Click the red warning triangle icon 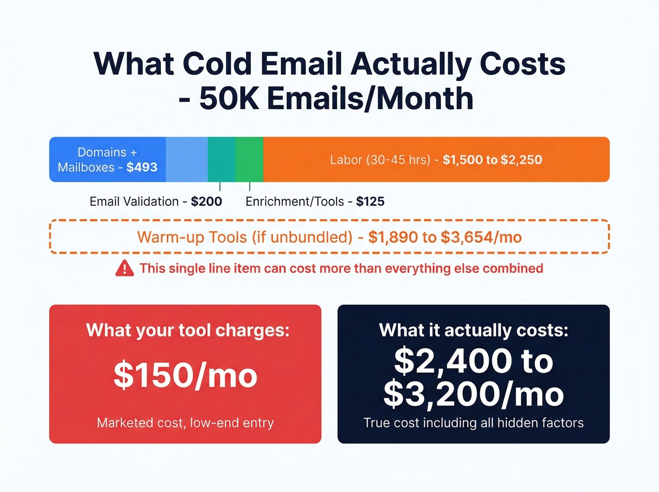(x=124, y=268)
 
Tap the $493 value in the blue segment (x=142, y=167)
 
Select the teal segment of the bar (x=221, y=159)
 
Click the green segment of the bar (x=249, y=159)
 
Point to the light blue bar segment (x=186, y=159)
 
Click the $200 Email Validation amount (x=206, y=202)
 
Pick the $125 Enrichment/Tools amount (x=370, y=202)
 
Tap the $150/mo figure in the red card (x=185, y=375)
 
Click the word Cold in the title (x=217, y=64)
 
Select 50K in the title (x=229, y=98)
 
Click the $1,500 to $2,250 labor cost (x=492, y=160)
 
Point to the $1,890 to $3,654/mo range (x=445, y=237)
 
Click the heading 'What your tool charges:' (x=187, y=330)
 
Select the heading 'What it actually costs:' (x=474, y=330)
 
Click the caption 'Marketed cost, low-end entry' (x=185, y=422)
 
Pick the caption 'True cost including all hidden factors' (x=474, y=422)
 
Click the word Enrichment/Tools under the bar (x=295, y=202)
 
